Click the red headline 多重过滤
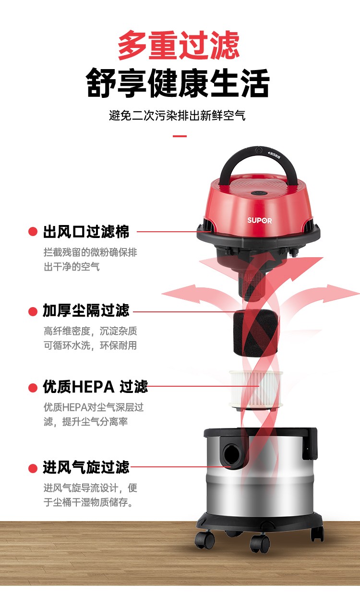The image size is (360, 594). (179, 46)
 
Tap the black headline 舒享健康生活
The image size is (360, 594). (178, 83)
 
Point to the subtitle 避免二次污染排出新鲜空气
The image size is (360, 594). (177, 115)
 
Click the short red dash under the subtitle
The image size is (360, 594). (180, 136)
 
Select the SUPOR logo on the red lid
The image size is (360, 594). (260, 220)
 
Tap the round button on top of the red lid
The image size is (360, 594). (257, 193)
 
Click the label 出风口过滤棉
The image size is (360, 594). (86, 232)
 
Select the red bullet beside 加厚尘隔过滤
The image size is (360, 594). (33, 311)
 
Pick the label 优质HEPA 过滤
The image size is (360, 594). (95, 387)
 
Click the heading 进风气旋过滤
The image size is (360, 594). (86, 467)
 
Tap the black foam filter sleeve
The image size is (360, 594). (256, 333)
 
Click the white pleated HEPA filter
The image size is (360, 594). (256, 389)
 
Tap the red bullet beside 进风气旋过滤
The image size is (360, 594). (33, 468)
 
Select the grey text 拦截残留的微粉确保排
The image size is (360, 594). (90, 252)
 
